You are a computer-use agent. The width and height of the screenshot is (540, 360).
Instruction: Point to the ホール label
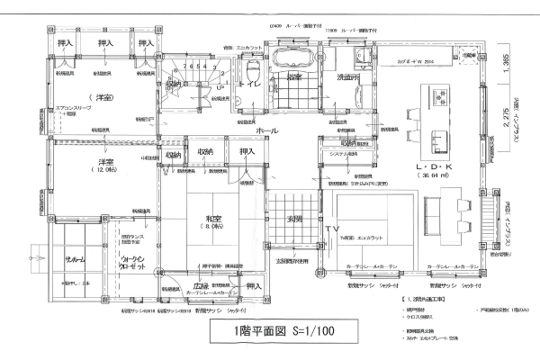[x=266, y=130]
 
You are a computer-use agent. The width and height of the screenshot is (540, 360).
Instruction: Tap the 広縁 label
[x=201, y=287]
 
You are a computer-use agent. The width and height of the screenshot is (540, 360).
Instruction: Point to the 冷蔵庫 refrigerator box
[x=469, y=57]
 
